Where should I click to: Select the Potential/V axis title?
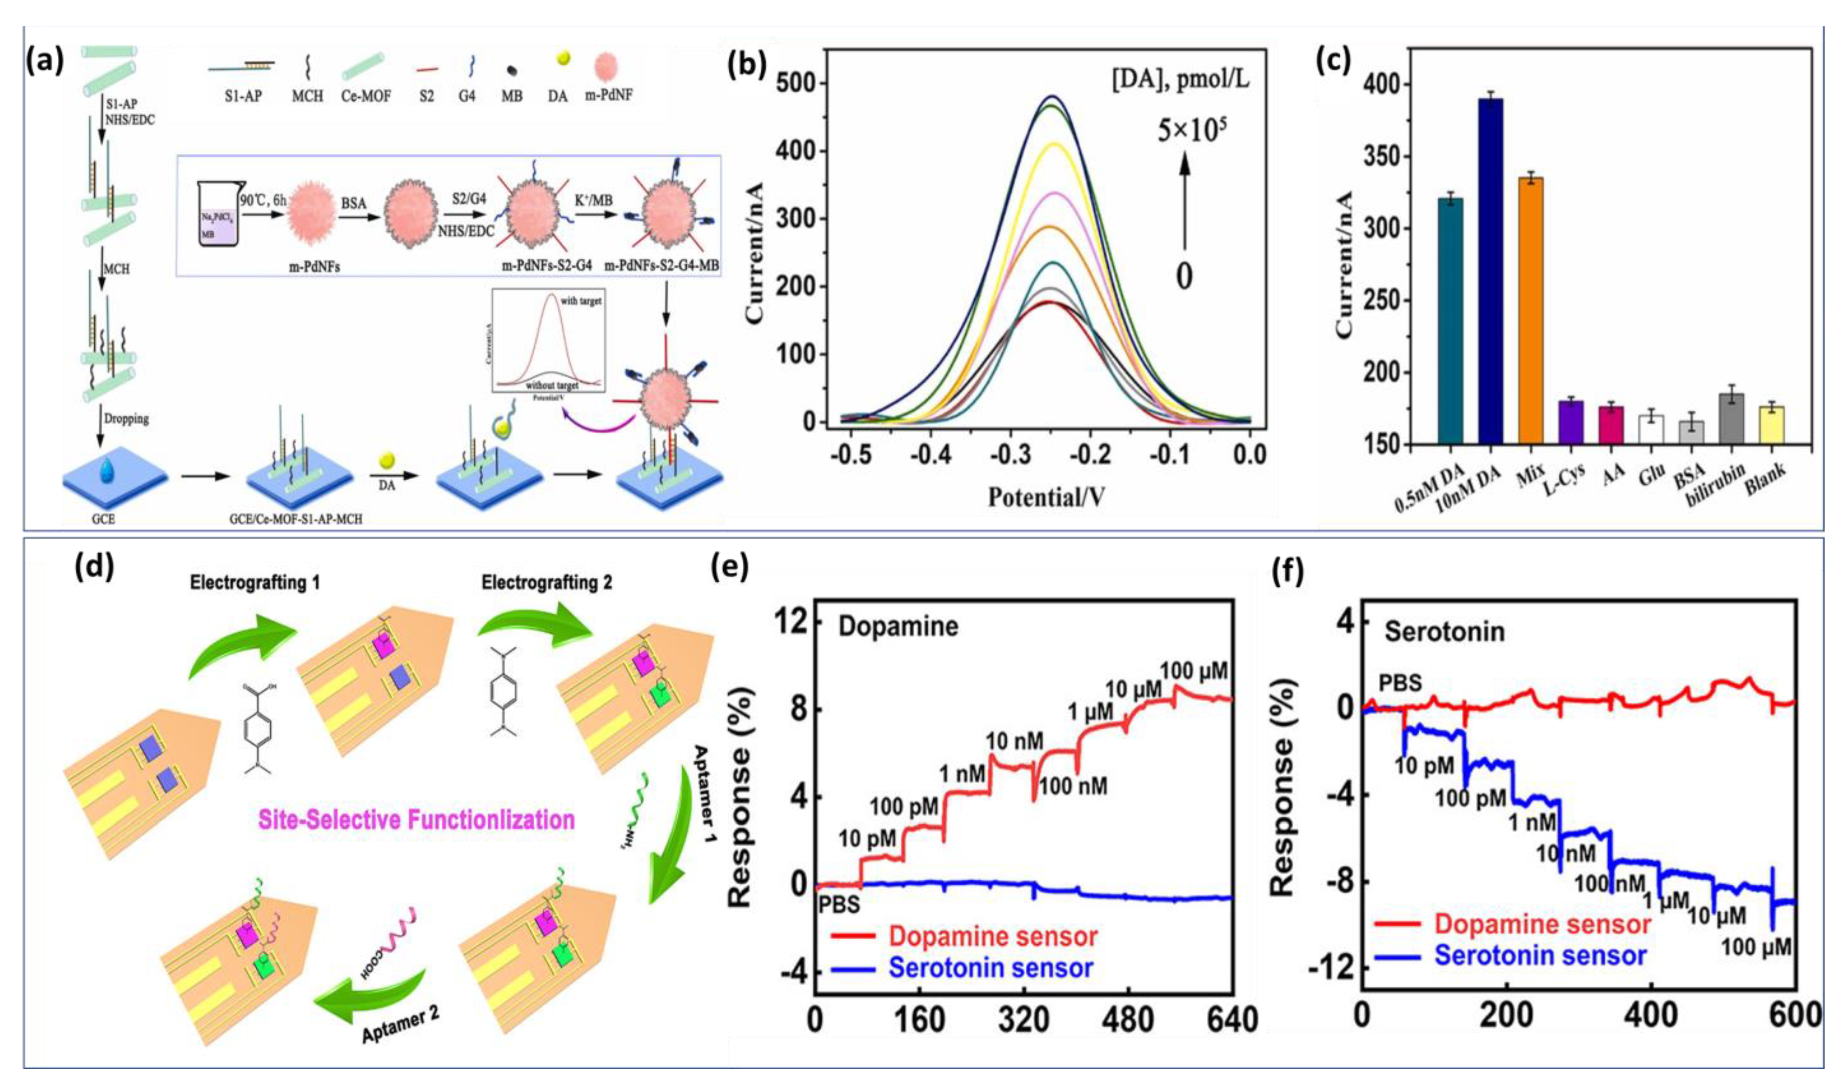point(1046,498)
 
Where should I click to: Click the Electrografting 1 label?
point(255,583)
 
